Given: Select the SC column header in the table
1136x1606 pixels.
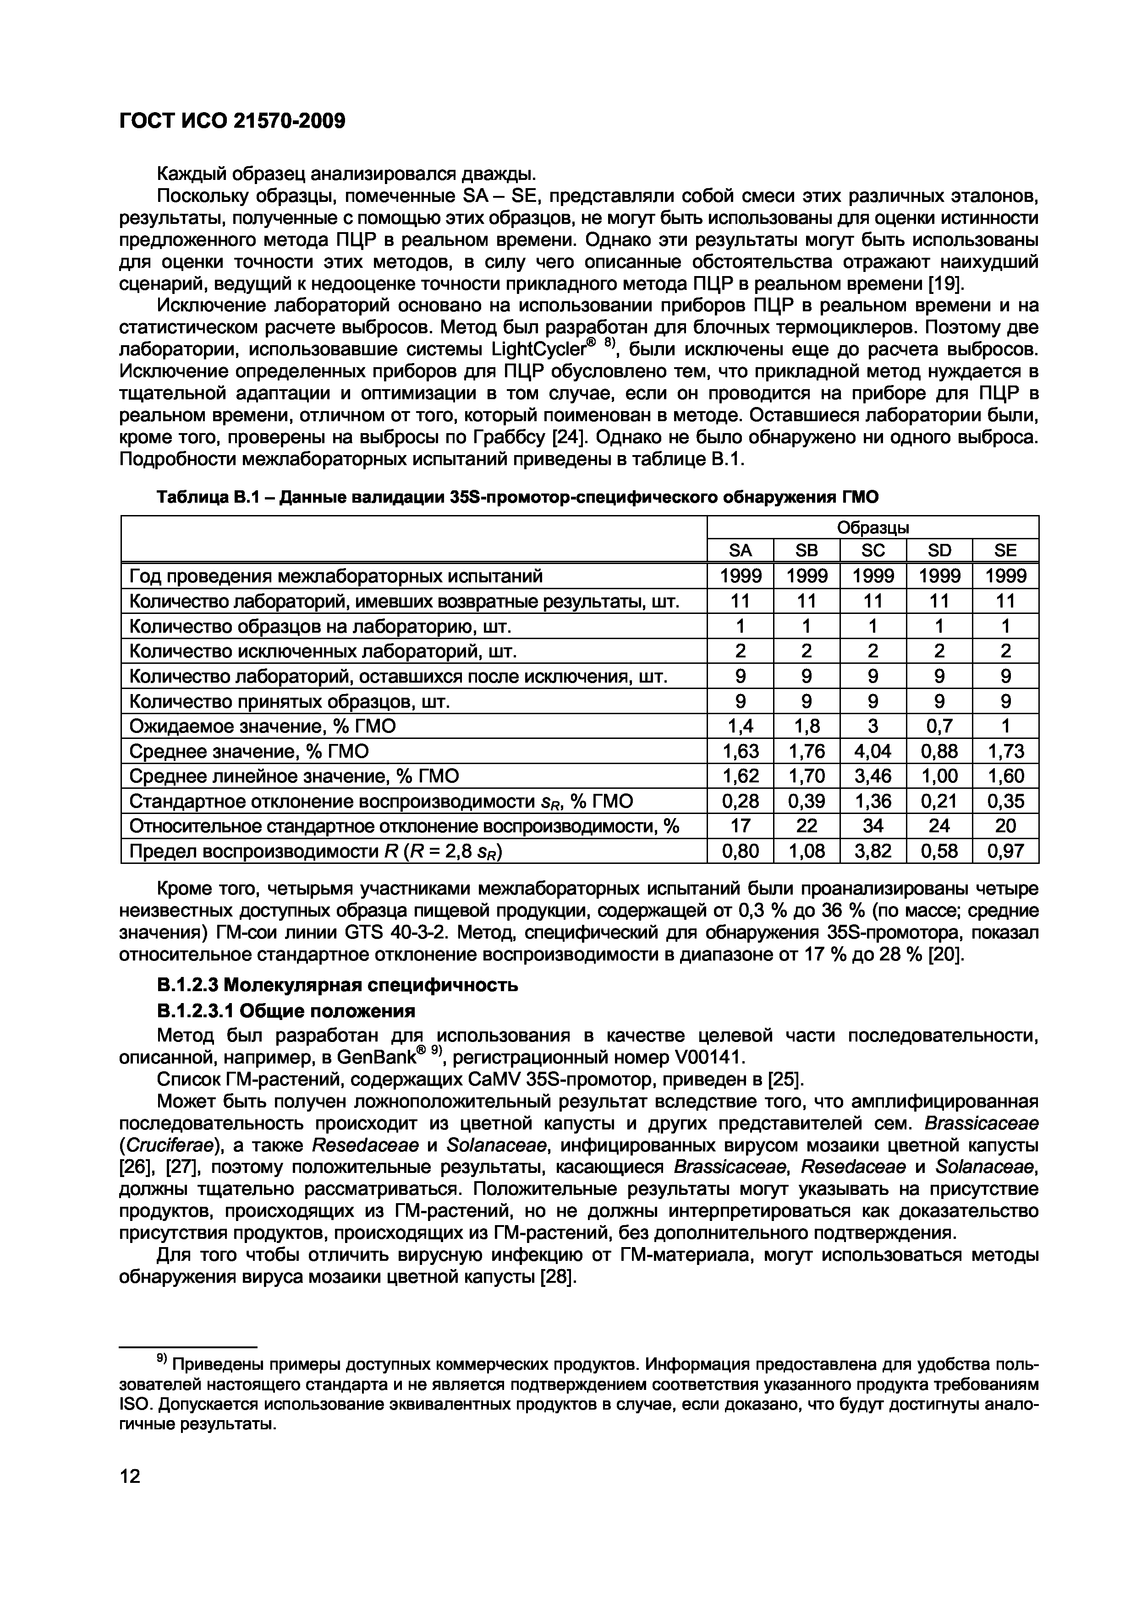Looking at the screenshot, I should tap(873, 550).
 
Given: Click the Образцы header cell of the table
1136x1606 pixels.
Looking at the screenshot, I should tap(873, 527).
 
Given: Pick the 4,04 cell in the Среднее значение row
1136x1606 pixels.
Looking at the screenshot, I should tap(873, 751).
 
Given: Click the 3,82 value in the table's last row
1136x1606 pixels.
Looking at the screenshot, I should tap(873, 851).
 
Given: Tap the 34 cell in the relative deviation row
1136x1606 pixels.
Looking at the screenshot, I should tap(873, 826).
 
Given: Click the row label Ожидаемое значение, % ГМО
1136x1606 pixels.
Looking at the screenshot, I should tap(263, 726).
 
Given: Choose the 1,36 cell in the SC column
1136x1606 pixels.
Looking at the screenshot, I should tap(873, 801).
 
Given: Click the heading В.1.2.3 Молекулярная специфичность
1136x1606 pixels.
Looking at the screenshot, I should tap(337, 986).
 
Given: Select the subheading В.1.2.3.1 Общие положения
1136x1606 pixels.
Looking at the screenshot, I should tap(285, 1011).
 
